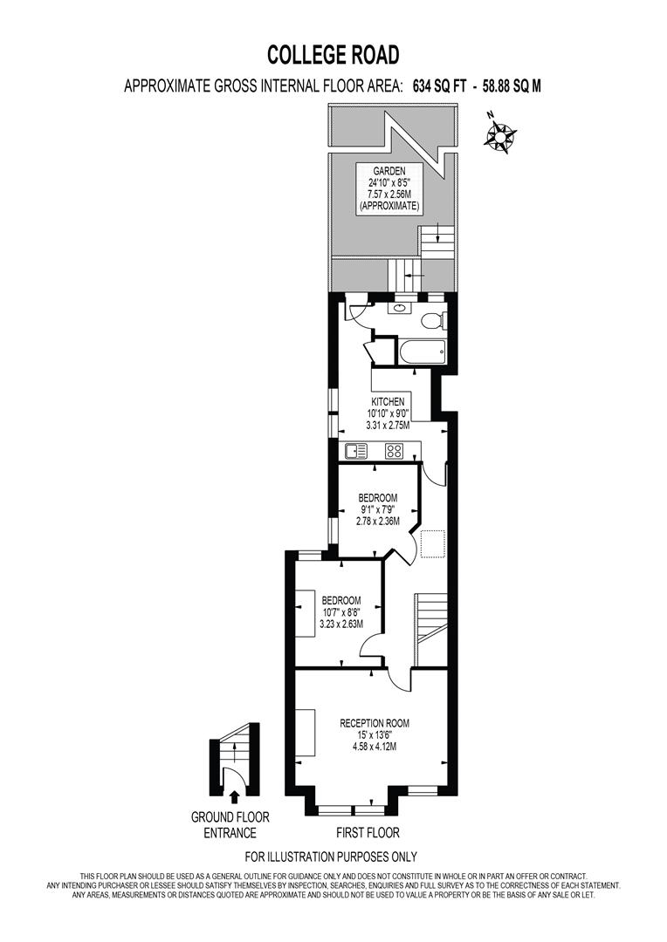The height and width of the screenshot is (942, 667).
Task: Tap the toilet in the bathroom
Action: coord(432,322)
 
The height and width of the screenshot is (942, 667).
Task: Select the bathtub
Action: coord(420,354)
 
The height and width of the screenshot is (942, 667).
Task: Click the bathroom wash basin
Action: coord(401,307)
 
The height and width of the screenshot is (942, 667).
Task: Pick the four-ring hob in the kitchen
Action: coord(394,451)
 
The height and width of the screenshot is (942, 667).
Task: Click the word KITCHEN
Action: coord(389,401)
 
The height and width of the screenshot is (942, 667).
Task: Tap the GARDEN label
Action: coord(389,171)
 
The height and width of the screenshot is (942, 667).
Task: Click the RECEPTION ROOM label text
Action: coord(375,723)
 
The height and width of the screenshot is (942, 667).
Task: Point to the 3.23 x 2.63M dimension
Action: coord(341,624)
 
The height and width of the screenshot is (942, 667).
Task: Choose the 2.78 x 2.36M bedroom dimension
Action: coord(377,522)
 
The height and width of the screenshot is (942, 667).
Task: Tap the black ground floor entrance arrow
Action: coord(232,795)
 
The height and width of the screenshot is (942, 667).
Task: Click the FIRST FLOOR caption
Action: coord(368,833)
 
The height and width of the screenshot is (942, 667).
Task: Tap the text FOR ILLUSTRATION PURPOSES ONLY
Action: coord(331,857)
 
